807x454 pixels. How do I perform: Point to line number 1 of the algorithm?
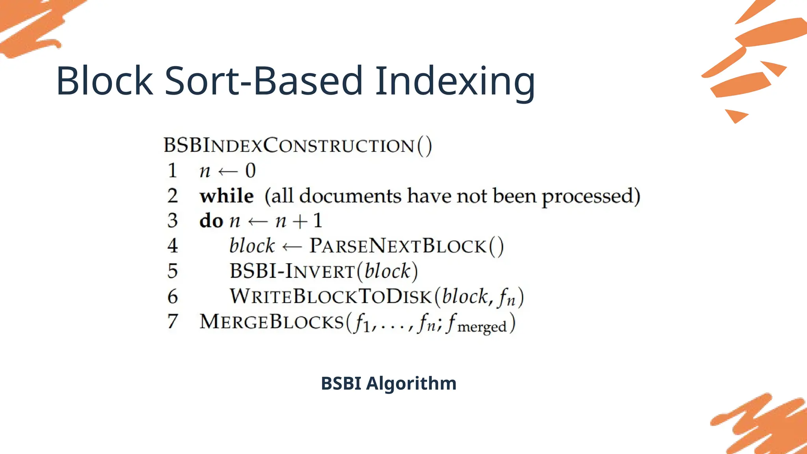point(172,171)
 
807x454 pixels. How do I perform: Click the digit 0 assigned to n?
point(251,171)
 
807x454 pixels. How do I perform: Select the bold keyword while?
point(227,196)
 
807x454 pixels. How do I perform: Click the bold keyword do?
point(211,221)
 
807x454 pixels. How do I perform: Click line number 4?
point(172,246)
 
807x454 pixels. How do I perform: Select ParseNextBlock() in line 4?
point(406,246)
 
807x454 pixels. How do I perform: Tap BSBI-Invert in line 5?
point(292,271)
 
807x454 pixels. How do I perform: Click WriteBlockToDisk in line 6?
point(331,296)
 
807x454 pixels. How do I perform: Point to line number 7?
point(172,321)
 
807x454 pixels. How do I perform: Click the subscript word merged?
point(482,327)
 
